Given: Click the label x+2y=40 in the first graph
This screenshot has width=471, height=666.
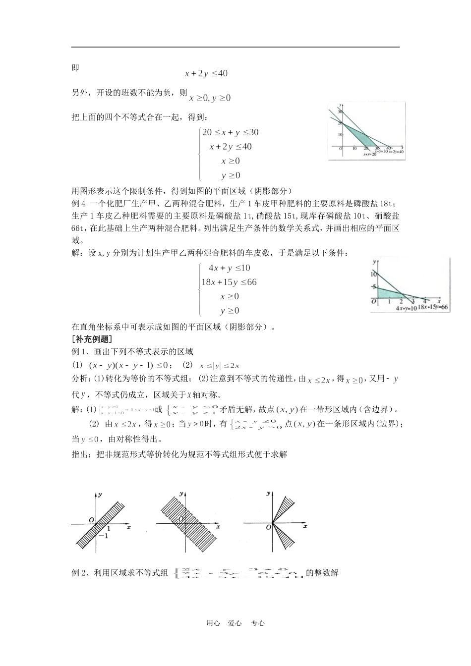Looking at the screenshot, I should pos(396,152).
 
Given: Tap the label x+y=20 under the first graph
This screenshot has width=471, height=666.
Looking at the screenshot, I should pos(370,154).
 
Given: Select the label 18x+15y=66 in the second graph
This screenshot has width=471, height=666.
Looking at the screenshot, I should pos(433,307).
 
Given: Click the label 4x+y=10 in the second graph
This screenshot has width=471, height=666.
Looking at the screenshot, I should pos(406,308).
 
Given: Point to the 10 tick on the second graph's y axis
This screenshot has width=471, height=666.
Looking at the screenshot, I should pos(374,274).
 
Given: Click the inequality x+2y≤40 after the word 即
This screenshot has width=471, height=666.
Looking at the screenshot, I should pos(206,73).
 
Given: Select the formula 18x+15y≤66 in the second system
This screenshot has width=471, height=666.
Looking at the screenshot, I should pos(229,282).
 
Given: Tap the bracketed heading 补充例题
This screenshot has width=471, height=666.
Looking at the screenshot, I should pos(92,339).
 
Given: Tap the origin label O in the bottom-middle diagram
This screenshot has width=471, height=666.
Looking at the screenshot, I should pos(180,518).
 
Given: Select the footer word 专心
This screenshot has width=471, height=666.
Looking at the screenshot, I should pos(258,623).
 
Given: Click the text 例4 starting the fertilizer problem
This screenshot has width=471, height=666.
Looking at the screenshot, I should pos(79,203).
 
